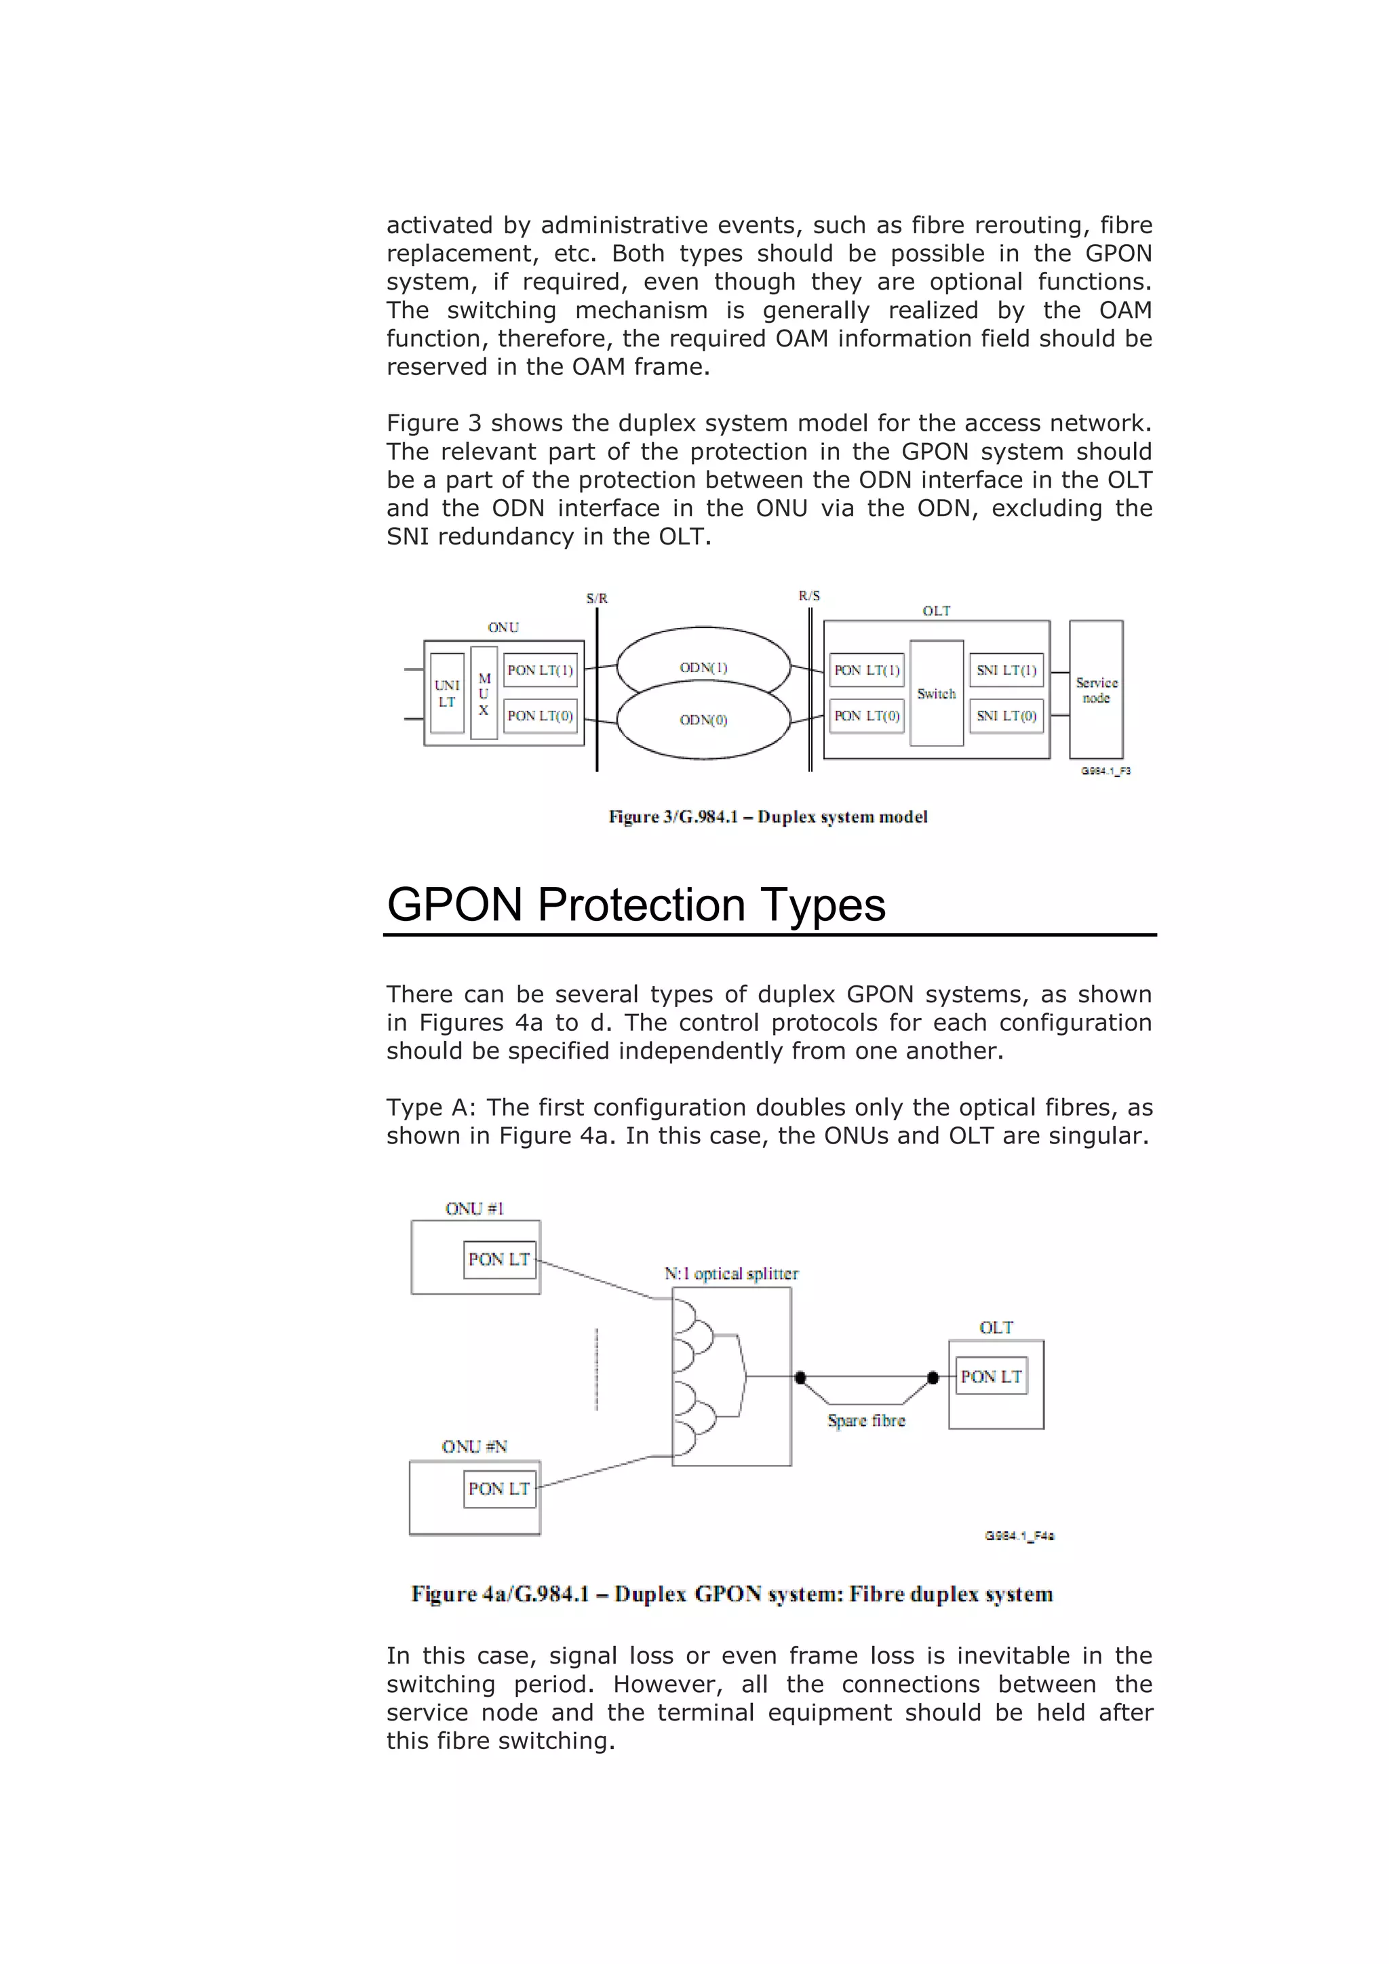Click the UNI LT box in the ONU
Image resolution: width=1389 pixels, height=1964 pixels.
coord(446,693)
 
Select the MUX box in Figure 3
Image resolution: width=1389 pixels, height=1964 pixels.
coord(484,693)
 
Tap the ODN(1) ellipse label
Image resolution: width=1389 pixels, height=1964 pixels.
coord(703,667)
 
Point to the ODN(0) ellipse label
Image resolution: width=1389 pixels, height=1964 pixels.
coord(703,720)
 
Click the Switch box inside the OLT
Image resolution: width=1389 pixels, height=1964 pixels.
coord(937,693)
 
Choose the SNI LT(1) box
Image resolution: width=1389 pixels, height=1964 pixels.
coord(1006,670)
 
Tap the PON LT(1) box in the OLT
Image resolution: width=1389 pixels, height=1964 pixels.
coord(866,670)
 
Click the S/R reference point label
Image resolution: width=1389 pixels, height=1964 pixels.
coord(597,598)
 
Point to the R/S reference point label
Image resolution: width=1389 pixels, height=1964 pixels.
coord(809,595)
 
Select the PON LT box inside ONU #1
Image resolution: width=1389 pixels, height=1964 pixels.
coord(499,1259)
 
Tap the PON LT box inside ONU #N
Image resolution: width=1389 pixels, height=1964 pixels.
coord(499,1489)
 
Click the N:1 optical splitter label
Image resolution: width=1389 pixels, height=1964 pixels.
coord(731,1274)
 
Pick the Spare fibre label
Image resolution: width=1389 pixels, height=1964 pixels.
coord(865,1421)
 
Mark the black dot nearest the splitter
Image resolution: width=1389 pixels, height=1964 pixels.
coord(800,1377)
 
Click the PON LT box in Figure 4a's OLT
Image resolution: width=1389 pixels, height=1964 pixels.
coord(992,1376)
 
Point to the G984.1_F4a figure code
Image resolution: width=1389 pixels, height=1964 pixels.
coord(1019,1535)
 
